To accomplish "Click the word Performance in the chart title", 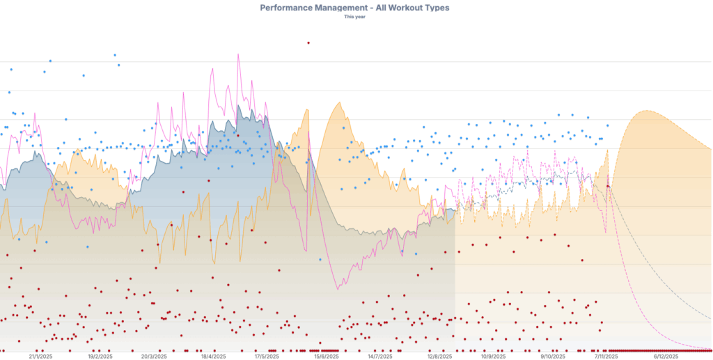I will click(287, 8).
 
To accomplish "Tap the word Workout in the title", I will click(395, 8).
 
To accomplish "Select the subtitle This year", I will click(355, 17).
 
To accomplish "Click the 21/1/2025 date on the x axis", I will click(42, 356).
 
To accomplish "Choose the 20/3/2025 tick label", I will click(155, 356).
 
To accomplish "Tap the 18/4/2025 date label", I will click(213, 356).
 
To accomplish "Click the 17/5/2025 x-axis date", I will click(266, 356).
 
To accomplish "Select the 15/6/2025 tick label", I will click(326, 356).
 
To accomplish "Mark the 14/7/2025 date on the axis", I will click(380, 356).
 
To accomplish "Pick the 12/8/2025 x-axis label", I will click(440, 356).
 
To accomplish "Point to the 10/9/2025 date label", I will click(493, 356).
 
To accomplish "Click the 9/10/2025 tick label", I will click(553, 356).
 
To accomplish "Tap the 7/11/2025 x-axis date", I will click(606, 356).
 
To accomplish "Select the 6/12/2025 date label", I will click(666, 356).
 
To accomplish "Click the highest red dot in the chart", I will click(308, 42).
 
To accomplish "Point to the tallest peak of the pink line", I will click(238, 54).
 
